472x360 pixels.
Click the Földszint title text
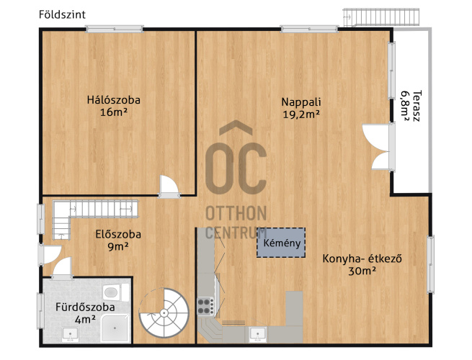click(x=62, y=14)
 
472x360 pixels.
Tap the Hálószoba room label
click(x=114, y=100)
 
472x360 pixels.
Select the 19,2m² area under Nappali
click(x=301, y=114)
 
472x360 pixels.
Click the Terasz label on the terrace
click(x=417, y=106)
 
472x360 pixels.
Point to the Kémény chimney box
click(x=281, y=243)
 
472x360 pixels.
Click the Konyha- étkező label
click(x=362, y=258)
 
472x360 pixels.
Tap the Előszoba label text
click(x=118, y=234)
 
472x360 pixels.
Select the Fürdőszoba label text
click(x=85, y=307)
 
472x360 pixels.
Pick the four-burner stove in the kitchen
click(x=205, y=306)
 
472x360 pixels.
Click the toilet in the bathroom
click(x=115, y=292)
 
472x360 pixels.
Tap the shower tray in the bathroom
click(x=115, y=328)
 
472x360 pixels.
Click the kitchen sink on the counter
click(x=258, y=334)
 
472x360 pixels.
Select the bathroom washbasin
click(x=70, y=334)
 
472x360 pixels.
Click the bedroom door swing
click(x=169, y=186)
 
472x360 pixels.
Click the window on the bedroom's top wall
click(x=115, y=29)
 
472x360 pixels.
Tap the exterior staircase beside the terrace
click(x=381, y=17)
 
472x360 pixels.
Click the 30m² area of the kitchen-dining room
click(x=362, y=271)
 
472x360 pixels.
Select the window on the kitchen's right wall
click(x=431, y=264)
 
